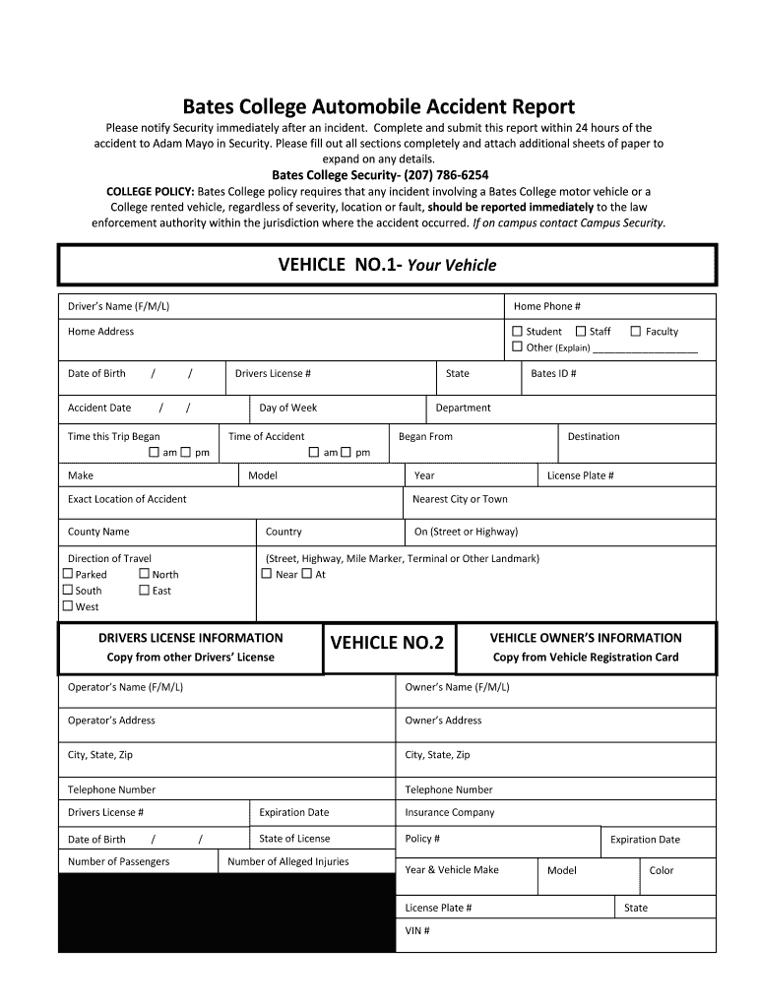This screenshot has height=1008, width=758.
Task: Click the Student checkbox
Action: coord(518,332)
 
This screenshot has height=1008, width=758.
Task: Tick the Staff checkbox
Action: coord(581,332)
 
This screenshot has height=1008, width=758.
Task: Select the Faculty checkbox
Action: coord(636,332)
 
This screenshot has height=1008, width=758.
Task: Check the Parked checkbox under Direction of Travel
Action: coord(68,574)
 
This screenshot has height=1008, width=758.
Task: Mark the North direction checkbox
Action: coord(145,574)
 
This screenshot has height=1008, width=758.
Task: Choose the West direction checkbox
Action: coord(68,606)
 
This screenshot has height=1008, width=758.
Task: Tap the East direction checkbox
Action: coord(145,591)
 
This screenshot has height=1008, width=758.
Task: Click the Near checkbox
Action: coord(267,574)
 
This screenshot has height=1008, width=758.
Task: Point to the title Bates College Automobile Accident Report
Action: coord(378,106)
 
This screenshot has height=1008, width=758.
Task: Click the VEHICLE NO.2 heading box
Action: coord(387,644)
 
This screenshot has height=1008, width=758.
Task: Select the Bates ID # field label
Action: coord(553,374)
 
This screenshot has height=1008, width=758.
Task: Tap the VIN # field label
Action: coord(417,930)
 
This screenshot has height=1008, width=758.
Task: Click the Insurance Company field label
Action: coord(450,813)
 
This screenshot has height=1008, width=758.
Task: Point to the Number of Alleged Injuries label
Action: coord(287,862)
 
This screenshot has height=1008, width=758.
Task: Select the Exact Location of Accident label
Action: coord(127,499)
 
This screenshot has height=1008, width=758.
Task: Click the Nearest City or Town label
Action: coord(460,499)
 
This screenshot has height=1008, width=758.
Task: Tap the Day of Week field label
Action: coord(287,408)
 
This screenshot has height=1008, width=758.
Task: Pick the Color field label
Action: coord(662,871)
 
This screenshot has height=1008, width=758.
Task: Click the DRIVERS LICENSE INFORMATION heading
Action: coord(190,638)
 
